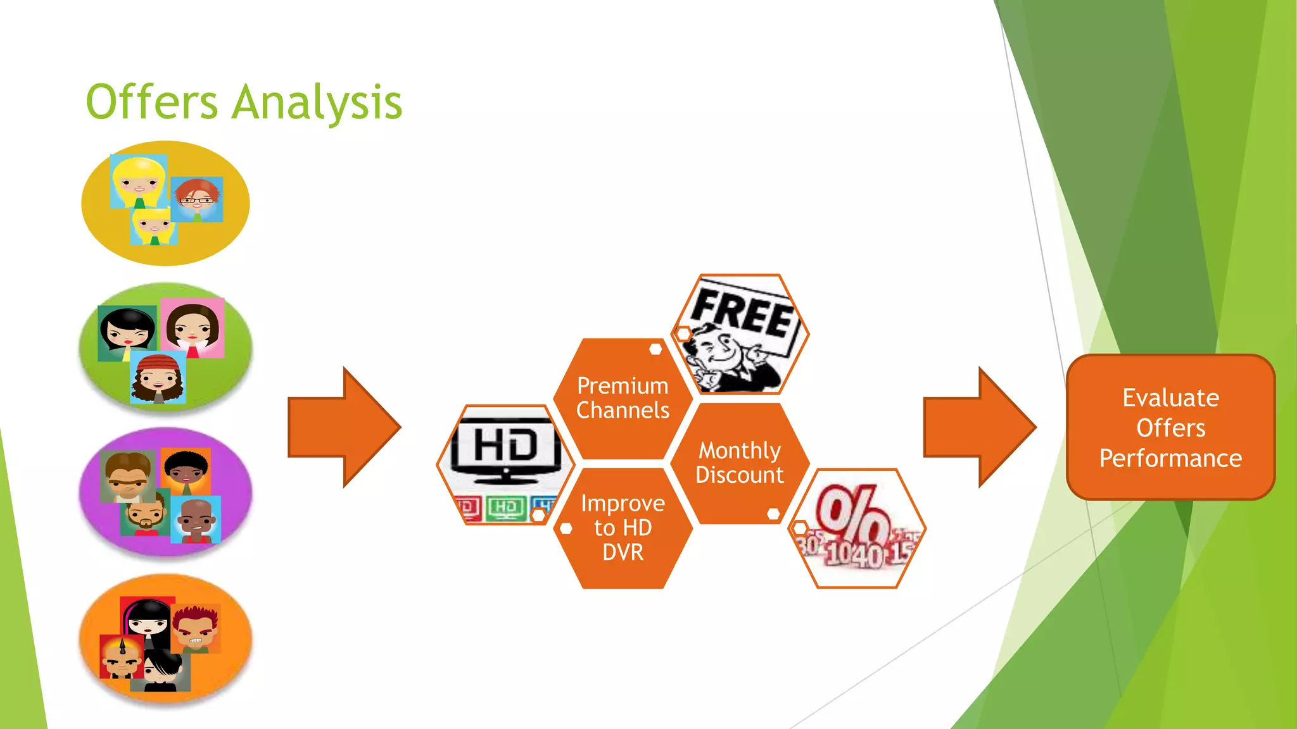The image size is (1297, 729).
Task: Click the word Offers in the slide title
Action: coord(152,103)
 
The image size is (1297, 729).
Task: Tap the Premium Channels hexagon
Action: coord(623,398)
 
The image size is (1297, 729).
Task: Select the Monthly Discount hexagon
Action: coord(740,463)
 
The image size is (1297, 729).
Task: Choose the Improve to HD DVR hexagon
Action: coord(623,528)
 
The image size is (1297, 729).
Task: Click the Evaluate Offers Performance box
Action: coord(1170,427)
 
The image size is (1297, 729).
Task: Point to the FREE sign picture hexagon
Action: coord(740,333)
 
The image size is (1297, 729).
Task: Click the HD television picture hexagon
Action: coord(505,464)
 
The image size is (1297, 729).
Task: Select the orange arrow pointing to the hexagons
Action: coord(344,427)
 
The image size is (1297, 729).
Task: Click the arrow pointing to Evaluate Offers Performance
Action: coord(979,427)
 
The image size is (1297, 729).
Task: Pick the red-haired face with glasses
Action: coord(197,199)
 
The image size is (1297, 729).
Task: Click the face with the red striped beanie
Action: coord(158,378)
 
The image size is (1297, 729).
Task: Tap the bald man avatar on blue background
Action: coord(196,520)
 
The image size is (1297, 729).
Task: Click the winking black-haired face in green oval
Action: coord(127,330)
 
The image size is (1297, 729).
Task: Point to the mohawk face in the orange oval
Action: coord(122,657)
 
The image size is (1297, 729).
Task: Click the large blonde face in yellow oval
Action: coord(139,181)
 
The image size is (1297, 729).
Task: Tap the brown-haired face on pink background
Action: coord(193,327)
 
